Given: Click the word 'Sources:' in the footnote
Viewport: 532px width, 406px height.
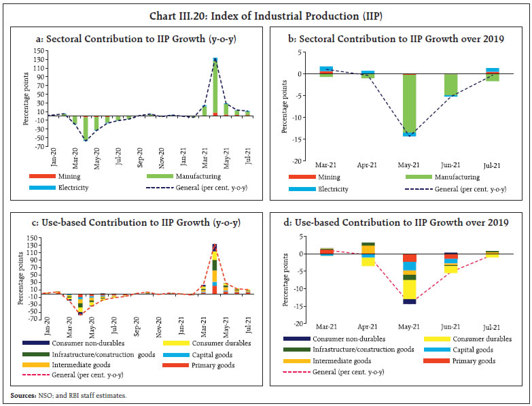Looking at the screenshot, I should [23, 395].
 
